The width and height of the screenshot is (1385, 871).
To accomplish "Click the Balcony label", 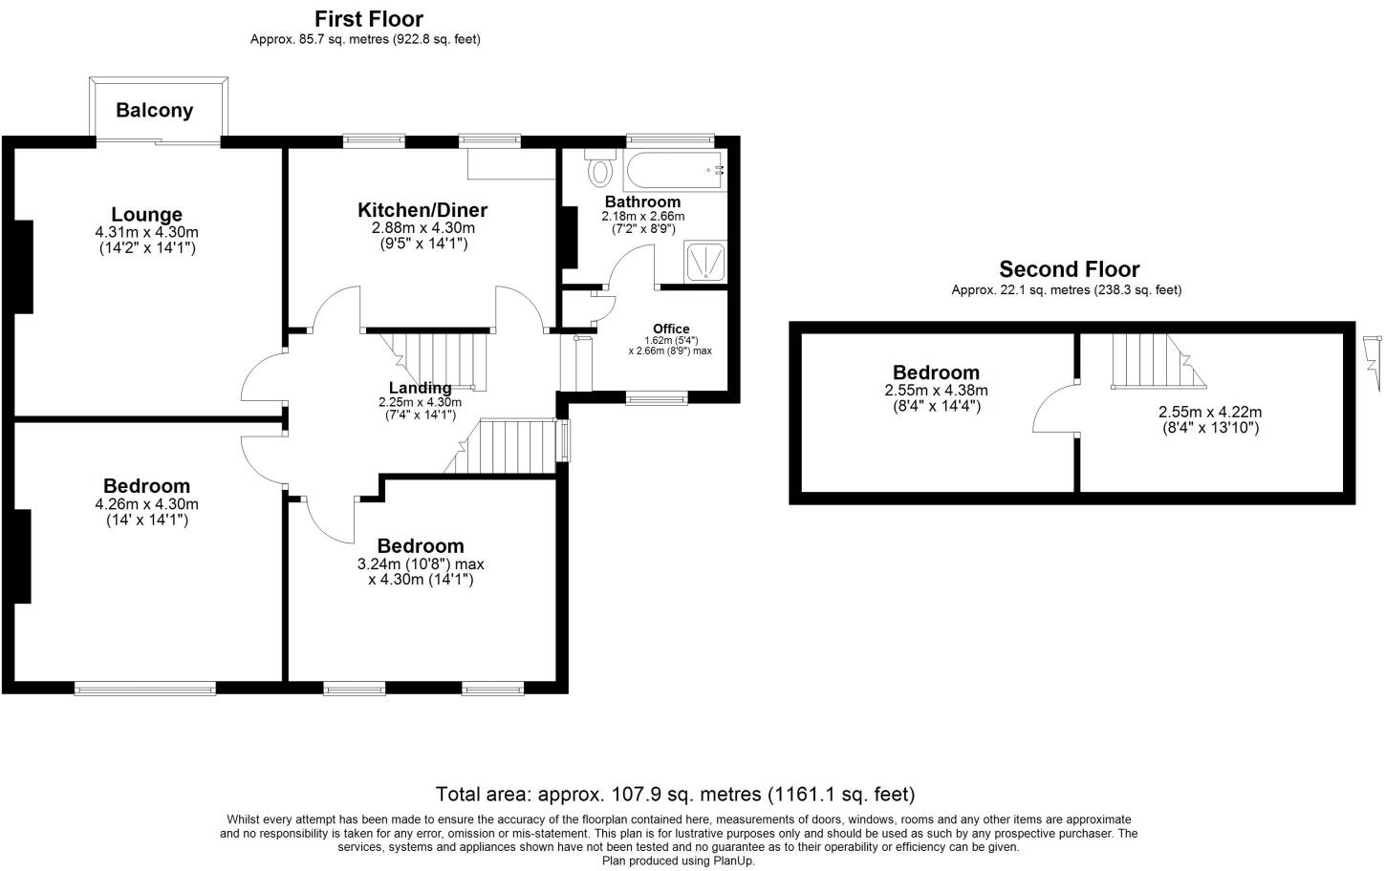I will [154, 110].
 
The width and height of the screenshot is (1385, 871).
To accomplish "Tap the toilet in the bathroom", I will [600, 171].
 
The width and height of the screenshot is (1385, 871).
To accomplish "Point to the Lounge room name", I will [146, 214].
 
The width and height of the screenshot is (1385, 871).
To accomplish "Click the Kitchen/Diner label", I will [422, 210].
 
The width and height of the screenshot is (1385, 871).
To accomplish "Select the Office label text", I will [671, 329].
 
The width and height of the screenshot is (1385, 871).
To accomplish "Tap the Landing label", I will [420, 388].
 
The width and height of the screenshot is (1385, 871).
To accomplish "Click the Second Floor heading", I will [1069, 269].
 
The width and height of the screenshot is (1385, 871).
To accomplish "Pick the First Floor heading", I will [369, 19].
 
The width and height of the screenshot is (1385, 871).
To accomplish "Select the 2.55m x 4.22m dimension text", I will [1209, 413].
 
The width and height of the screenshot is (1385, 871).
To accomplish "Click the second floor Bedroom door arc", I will [1052, 408].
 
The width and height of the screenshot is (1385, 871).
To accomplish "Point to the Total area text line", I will [675, 794].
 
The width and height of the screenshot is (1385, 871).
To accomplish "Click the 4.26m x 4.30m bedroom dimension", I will [146, 504].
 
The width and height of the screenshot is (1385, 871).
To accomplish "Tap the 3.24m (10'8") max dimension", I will [421, 564].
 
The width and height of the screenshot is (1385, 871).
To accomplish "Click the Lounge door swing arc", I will [261, 377].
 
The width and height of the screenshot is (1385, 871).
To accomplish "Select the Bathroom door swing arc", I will [629, 265].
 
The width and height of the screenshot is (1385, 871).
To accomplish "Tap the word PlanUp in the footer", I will [732, 860].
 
